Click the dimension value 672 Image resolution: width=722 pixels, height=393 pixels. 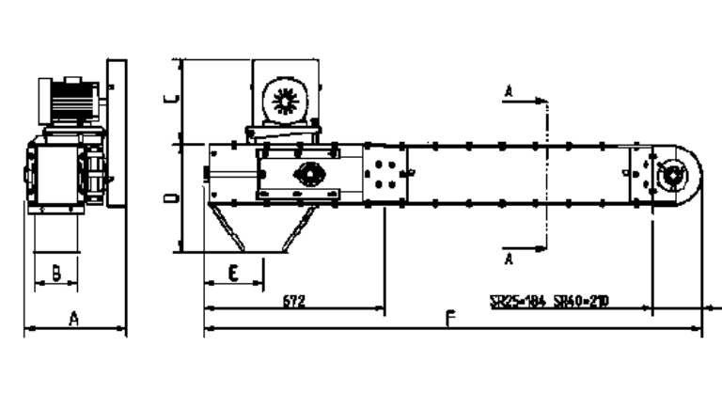pos(293,301)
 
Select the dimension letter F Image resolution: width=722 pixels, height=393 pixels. pos(450,319)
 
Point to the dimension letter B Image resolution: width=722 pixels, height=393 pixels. pos(56,273)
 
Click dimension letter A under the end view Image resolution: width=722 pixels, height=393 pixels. pos(74,319)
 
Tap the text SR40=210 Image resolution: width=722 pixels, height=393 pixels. pos(581,302)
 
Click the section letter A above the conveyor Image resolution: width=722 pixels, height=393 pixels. pos(509,90)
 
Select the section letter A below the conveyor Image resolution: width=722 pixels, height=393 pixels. pos(509,257)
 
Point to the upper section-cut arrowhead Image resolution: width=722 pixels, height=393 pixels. pos(540,99)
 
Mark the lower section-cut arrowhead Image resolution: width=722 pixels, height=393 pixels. pos(540,249)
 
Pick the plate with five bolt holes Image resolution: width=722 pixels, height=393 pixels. pos(384,174)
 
